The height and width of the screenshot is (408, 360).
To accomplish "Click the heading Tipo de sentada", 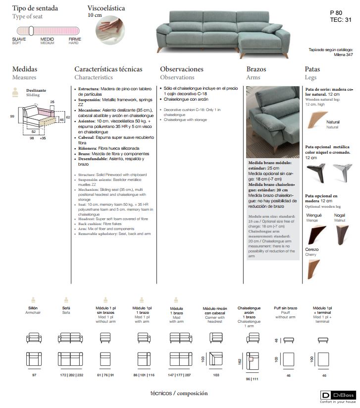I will pyautogui.click(x=35, y=8).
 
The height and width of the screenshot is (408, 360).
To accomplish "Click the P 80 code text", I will pyautogui.click(x=336, y=12).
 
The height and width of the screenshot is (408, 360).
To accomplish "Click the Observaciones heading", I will pyautogui.click(x=182, y=69).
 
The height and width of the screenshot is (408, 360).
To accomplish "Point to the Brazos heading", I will pyautogui.click(x=256, y=69).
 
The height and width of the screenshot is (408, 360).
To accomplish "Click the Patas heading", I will pyautogui.click(x=312, y=69).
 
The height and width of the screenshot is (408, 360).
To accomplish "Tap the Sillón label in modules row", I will pyautogui.click(x=33, y=308).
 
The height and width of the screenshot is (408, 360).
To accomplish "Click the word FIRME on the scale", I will pyautogui.click(x=74, y=38).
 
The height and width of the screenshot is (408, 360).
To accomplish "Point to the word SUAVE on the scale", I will pyautogui.click(x=19, y=38).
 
